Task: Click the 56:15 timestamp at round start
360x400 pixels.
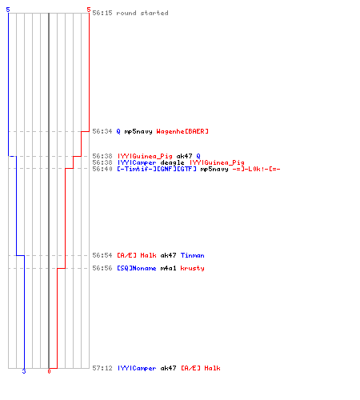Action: [x=102, y=13]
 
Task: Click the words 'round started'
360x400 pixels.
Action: [x=142, y=13]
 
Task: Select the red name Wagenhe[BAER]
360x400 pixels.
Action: [x=182, y=131]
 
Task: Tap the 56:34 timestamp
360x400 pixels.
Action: [x=102, y=131]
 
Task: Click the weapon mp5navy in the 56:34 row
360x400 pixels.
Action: [x=138, y=131]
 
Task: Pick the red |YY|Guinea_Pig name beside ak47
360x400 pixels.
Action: [x=145, y=156]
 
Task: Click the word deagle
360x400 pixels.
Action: [x=172, y=162]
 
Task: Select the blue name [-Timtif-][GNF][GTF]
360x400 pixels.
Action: [x=157, y=169]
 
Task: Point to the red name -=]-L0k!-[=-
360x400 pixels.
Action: [x=256, y=169]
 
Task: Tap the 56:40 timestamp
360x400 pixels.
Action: [x=102, y=169]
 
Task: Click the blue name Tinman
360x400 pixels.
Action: [x=193, y=255]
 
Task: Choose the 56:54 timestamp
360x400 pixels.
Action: [x=102, y=255]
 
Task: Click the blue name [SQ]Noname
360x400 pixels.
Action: [x=137, y=268]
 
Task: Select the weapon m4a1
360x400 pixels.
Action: [x=168, y=268]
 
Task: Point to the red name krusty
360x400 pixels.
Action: [x=193, y=268]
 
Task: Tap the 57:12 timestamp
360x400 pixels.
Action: [x=102, y=368]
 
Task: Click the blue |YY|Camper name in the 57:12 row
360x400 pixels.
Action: [x=137, y=368]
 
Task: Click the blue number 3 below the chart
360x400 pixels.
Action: [x=24, y=371]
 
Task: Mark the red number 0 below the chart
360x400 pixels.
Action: [x=49, y=371]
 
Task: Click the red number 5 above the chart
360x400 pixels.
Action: [x=89, y=10]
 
